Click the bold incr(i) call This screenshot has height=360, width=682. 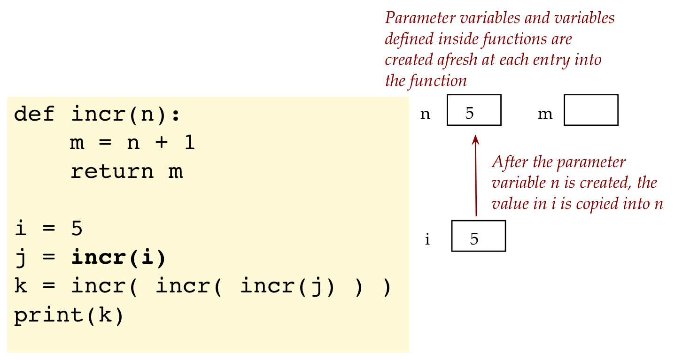(118, 258)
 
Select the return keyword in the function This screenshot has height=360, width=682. (112, 172)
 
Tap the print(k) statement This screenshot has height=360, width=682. (69, 315)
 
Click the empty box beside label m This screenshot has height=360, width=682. (590, 110)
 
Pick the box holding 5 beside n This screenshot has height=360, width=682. (474, 110)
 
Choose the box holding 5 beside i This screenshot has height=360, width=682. (478, 236)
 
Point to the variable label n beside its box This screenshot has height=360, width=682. (425, 114)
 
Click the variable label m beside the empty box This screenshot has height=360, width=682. (545, 114)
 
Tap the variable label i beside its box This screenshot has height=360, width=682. (427, 239)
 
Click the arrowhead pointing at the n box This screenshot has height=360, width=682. (475, 139)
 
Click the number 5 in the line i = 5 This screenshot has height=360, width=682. (77, 229)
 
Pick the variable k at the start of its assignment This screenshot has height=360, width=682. (20, 286)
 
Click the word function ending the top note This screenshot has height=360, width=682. (441, 81)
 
